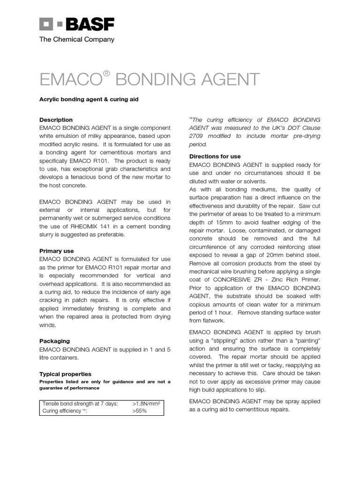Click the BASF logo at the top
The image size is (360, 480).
point(76,24)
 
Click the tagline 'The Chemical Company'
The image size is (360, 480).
point(76,40)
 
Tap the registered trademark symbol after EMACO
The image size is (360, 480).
point(106,74)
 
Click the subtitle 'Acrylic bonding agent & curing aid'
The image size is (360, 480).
point(89,100)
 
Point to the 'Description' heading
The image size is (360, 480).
point(56,120)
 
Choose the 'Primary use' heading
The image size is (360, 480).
point(56,251)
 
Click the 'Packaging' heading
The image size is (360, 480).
point(54,341)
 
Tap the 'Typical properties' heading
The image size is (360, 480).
point(65,374)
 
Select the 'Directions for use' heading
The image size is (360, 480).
point(215,156)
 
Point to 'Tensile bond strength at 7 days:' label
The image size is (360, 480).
point(80,404)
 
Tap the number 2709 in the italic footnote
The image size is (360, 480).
point(198,136)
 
